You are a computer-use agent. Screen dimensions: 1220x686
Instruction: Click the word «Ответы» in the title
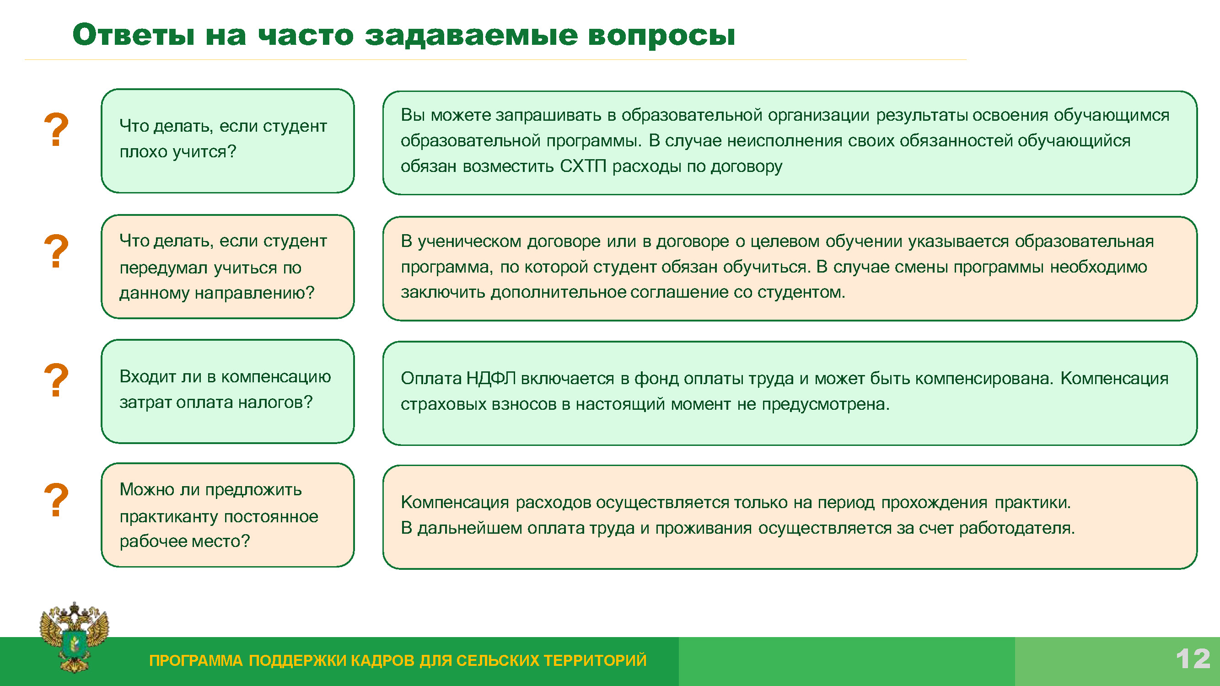[134, 35]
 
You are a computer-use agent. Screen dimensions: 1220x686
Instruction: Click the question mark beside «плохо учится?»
[56, 129]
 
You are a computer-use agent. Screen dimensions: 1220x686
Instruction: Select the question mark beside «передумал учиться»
[56, 251]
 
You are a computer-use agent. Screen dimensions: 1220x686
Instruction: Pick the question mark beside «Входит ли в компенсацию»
[56, 380]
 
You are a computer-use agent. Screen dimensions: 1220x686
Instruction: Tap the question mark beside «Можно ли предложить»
[56, 499]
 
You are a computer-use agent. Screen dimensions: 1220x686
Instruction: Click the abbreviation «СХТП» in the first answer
[583, 166]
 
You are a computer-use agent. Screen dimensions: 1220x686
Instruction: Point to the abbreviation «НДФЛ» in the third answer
[491, 378]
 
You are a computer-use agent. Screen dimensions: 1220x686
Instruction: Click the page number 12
[1193, 659]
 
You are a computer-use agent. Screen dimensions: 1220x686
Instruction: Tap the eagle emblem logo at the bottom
[75, 637]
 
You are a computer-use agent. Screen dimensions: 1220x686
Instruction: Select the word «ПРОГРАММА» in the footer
[196, 660]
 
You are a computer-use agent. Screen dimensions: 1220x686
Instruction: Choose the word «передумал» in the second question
[164, 268]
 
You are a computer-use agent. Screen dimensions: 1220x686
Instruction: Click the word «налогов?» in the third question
[275, 402]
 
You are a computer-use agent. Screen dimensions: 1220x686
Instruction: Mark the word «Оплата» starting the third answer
[431, 378]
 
